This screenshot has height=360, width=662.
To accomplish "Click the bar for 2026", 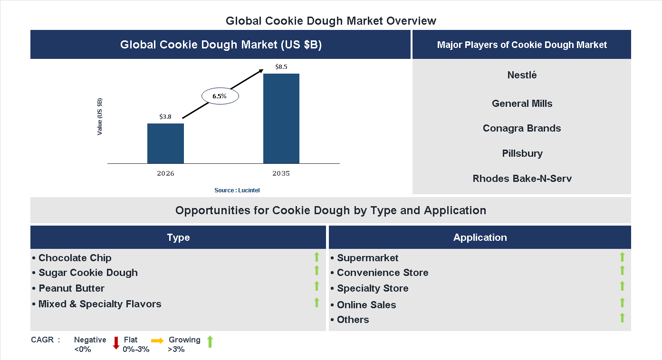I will (x=165, y=143).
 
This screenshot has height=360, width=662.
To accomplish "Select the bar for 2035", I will (x=281, y=118).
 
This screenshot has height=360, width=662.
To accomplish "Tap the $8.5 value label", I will (x=281, y=67).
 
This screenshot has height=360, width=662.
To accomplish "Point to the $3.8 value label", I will (x=165, y=116).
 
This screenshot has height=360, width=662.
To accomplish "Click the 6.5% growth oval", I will (x=220, y=96).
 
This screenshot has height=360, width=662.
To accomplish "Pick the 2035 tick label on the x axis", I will (x=281, y=173).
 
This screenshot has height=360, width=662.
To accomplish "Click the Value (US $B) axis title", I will (x=100, y=117).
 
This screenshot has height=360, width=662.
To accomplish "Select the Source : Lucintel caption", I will (x=237, y=190).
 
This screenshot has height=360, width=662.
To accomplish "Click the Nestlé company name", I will (x=522, y=75).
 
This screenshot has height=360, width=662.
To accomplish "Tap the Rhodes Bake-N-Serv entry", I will (x=522, y=179).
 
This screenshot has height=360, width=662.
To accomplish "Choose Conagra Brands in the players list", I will (x=522, y=128).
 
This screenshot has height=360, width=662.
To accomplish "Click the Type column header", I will (x=178, y=237).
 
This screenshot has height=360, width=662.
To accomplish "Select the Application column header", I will (x=480, y=237).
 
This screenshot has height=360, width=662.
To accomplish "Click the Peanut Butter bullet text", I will (x=71, y=288).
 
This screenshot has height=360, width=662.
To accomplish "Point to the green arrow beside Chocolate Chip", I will (x=317, y=257).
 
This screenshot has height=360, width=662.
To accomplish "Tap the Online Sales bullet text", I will (x=366, y=305).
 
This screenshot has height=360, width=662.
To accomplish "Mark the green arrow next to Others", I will (x=622, y=318).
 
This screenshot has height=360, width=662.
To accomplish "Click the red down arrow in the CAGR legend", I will (x=116, y=343).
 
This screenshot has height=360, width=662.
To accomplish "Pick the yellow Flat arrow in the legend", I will (x=157, y=341).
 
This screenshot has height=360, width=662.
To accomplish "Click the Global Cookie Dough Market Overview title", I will (x=331, y=21).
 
